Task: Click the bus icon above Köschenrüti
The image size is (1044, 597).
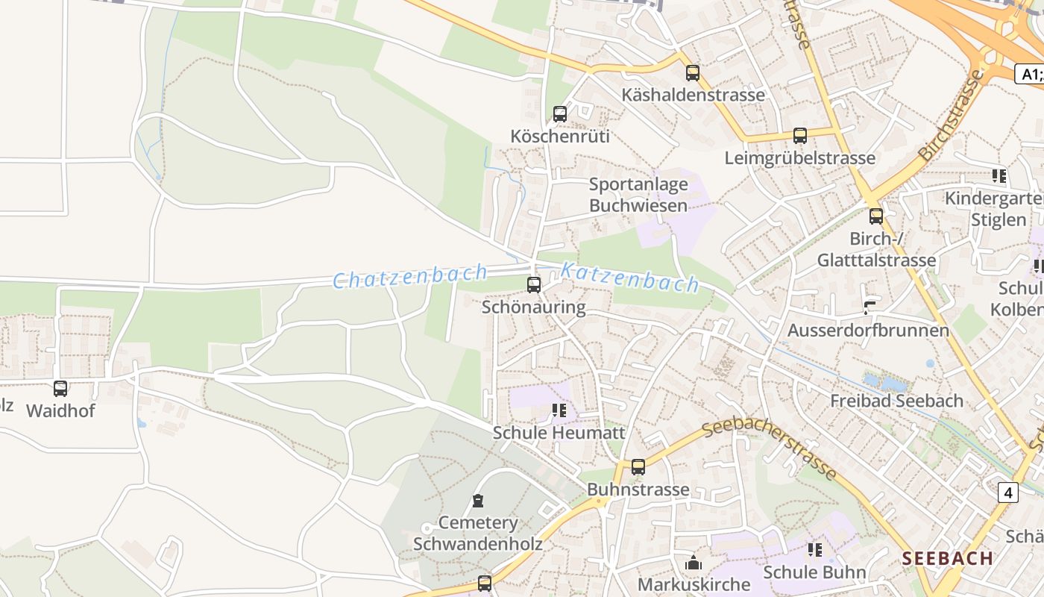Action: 559,114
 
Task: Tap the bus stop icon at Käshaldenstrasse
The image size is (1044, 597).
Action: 693,73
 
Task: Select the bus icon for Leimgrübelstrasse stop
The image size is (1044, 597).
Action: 800,136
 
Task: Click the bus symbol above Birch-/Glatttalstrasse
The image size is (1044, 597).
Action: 876,216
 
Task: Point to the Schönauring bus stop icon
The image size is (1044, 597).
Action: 533,284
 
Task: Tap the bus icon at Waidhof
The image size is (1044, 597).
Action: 60,389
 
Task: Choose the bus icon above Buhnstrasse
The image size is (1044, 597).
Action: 638,467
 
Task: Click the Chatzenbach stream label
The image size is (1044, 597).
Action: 409,277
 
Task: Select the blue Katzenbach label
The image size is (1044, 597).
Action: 629,277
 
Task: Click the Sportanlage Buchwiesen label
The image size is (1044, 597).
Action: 638,195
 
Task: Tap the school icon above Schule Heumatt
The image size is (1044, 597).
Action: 559,410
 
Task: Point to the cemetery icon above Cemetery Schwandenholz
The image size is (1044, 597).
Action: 478,501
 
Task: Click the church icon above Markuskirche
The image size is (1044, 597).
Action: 694,563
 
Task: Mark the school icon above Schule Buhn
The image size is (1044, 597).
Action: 814,550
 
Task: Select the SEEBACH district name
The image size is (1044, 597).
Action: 947,558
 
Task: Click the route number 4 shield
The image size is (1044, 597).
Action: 1009,492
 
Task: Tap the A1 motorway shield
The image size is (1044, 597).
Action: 1030,74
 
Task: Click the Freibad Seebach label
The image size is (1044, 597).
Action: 896,401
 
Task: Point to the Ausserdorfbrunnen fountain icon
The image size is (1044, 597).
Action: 870,307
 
